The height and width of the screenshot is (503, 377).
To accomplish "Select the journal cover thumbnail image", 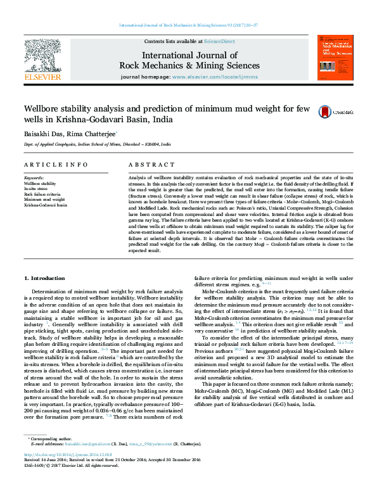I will point(335,58).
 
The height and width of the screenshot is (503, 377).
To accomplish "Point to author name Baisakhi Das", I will point(41,133).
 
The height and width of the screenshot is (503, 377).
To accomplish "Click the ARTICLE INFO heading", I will point(56,164).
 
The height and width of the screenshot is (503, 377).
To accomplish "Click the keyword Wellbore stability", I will point(40,183).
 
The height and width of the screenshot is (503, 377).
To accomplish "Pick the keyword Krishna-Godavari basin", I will point(45,205).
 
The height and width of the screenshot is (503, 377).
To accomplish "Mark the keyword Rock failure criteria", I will point(42,194).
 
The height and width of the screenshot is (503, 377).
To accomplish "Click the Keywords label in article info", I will point(34,177).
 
